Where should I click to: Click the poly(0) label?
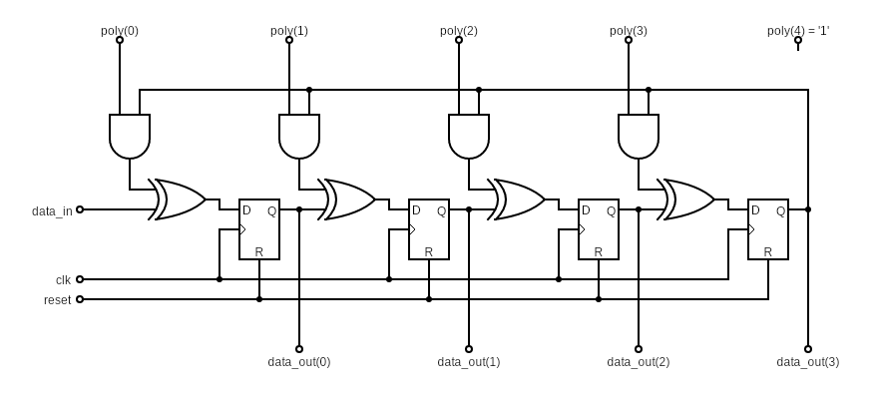tap(120, 30)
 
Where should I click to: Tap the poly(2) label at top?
tap(459, 30)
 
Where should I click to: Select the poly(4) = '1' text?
tap(798, 30)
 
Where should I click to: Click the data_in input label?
tap(52, 210)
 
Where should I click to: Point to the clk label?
tap(63, 280)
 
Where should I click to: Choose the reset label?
tap(57, 299)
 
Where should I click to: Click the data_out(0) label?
tap(299, 361)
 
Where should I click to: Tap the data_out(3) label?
tap(808, 361)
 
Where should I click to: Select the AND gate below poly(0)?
tap(130, 137)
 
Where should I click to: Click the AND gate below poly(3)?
tap(639, 137)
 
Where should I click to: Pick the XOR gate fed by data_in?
tap(178, 199)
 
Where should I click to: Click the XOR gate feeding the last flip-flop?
tap(686, 199)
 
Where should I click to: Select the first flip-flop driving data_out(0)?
tap(259, 229)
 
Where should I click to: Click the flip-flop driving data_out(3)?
tap(768, 229)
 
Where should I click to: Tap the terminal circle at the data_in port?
tap(80, 209)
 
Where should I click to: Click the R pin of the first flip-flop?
tap(259, 251)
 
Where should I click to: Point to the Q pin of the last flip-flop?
tap(780, 210)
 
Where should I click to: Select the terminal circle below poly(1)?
tap(289, 40)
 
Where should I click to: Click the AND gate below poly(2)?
tap(469, 137)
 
